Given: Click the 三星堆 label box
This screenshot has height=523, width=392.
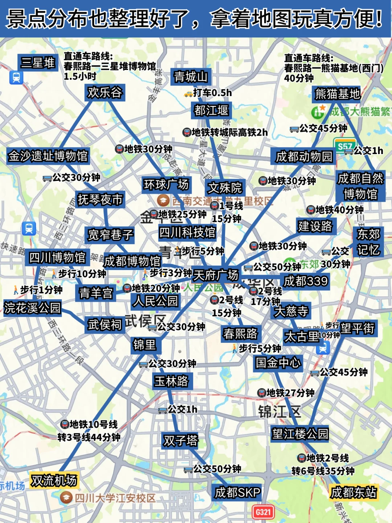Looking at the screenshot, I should (38, 63).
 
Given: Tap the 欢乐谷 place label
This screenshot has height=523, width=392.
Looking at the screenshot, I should (105, 92).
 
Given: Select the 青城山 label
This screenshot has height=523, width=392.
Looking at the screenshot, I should (191, 77).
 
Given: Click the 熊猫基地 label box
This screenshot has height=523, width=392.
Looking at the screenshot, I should (337, 94).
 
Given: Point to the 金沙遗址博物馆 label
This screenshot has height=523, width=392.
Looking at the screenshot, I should (48, 156).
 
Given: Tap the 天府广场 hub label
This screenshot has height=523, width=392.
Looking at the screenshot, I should (216, 275).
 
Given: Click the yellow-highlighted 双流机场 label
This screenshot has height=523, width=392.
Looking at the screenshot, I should (54, 481).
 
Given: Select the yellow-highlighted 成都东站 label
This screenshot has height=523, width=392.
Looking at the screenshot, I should (354, 493).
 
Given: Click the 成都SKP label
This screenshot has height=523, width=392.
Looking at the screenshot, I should (238, 493).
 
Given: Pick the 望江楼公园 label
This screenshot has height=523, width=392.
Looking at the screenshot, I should (300, 434).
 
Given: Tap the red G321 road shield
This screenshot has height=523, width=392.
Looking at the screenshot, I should (263, 512).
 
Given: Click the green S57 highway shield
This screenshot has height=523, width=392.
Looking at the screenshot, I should (344, 146).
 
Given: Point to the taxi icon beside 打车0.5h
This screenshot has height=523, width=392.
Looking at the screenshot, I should (188, 94).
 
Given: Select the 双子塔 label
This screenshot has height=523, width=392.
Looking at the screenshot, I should (181, 440).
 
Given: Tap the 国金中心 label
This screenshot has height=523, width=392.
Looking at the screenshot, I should (278, 362).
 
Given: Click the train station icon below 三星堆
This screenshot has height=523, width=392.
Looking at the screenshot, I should (16, 78).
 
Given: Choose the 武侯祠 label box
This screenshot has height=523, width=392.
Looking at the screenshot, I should (105, 324).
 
